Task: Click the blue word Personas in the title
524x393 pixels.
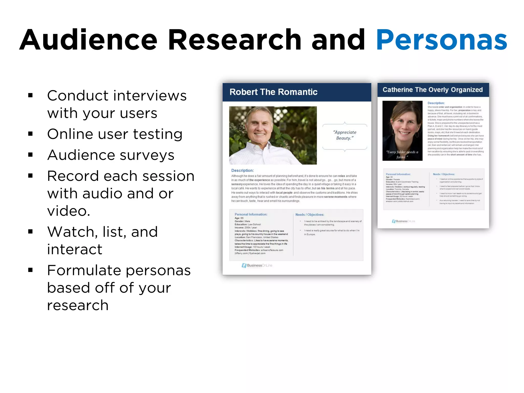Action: pyautogui.click(x=441, y=40)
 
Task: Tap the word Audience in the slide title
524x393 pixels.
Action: pyautogui.click(x=88, y=40)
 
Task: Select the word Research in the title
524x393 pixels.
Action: pyautogui.click(x=235, y=40)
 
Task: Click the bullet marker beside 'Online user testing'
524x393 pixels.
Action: pyautogui.click(x=30, y=134)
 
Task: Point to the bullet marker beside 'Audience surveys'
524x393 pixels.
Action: pyautogui.click(x=30, y=155)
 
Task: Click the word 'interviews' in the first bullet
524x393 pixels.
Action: pyautogui.click(x=150, y=96)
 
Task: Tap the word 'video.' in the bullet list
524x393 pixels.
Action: pyautogui.click(x=69, y=211)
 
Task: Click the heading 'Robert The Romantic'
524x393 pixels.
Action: pyautogui.click(x=273, y=92)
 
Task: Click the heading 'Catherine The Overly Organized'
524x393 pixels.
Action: pyautogui.click(x=432, y=90)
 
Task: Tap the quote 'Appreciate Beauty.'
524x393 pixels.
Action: pyautogui.click(x=345, y=135)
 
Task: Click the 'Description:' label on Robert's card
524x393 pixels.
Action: pyautogui.click(x=242, y=170)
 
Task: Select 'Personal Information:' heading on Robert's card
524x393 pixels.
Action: pyautogui.click(x=251, y=214)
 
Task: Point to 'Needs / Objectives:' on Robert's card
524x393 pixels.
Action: pyautogui.click(x=310, y=215)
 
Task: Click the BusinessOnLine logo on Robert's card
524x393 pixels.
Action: pyautogui.click(x=257, y=266)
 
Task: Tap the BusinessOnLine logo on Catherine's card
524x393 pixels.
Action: pyautogui.click(x=403, y=221)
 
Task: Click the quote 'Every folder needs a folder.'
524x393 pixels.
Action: pyautogui.click(x=402, y=155)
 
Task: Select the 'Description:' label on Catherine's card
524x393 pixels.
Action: pyautogui.click(x=436, y=103)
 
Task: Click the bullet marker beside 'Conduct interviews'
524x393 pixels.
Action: pyautogui.click(x=30, y=96)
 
